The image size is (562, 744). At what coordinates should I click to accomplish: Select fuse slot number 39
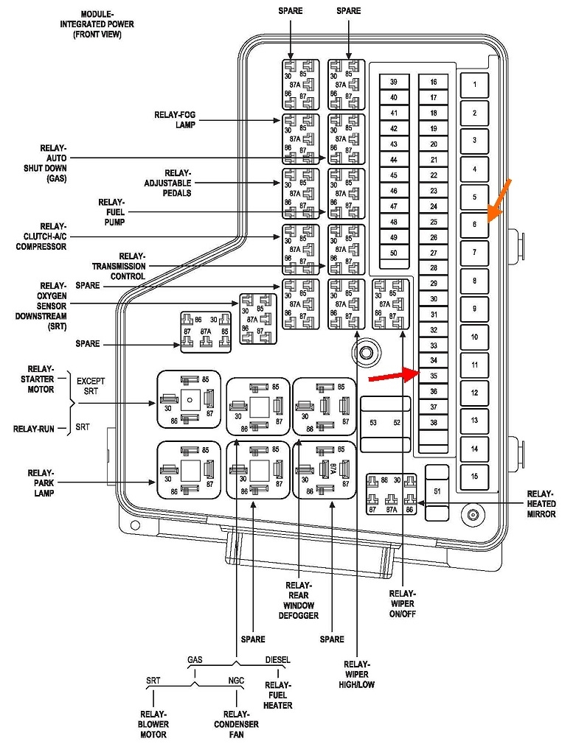(x=394, y=82)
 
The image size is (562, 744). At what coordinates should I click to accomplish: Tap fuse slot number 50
(x=394, y=253)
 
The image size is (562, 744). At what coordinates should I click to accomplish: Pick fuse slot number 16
(x=434, y=82)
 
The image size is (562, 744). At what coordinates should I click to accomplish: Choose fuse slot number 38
(x=434, y=423)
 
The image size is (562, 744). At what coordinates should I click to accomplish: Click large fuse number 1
(x=474, y=85)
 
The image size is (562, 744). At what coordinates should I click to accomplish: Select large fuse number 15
(x=474, y=476)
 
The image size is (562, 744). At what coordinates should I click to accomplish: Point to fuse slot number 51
(x=437, y=491)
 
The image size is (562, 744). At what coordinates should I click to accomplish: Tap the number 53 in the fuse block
(x=373, y=423)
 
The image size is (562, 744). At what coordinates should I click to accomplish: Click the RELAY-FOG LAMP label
(x=175, y=119)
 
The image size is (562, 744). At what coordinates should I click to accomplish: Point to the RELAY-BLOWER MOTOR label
(x=154, y=724)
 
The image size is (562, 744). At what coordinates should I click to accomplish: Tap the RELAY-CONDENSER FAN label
(x=237, y=724)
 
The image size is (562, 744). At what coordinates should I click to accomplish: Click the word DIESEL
(x=277, y=659)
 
